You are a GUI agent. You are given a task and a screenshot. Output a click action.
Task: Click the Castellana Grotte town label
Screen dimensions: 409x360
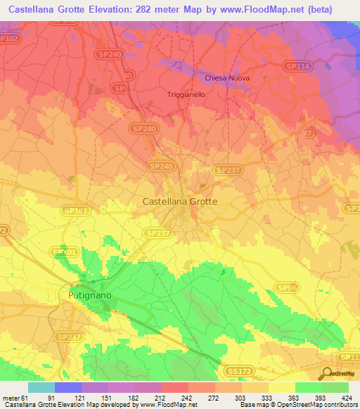click(x=180, y=201)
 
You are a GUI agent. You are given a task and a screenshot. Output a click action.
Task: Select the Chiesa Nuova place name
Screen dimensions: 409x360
click(x=227, y=78)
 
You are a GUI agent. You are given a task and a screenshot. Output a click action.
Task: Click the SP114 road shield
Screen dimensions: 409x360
click(x=296, y=65)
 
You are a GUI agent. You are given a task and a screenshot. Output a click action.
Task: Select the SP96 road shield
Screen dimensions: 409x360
click(x=285, y=288)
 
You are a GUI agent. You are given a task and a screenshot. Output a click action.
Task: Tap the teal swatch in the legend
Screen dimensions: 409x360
click(x=41, y=387)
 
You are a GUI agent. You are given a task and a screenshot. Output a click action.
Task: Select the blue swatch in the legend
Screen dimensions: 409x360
click(x=68, y=387)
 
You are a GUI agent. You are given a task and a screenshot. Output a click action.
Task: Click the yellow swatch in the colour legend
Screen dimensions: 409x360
click(x=281, y=387)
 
